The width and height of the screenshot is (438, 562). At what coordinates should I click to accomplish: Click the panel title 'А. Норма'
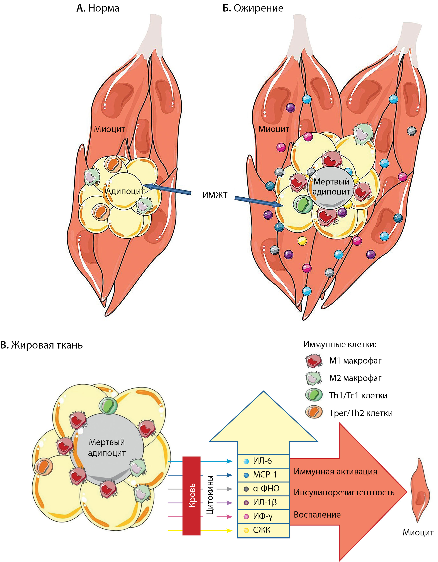(x=98, y=8)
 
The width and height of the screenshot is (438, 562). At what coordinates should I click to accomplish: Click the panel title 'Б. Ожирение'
(x=253, y=8)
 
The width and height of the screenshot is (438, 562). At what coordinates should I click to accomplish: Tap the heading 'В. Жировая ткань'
(x=42, y=345)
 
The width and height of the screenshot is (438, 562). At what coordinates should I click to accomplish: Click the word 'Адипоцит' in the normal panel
(x=125, y=191)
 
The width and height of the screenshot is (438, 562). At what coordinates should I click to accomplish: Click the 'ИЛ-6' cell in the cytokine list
(x=263, y=461)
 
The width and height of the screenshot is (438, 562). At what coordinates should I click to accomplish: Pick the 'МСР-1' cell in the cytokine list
(x=263, y=475)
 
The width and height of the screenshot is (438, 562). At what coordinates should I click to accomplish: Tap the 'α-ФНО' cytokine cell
(x=263, y=489)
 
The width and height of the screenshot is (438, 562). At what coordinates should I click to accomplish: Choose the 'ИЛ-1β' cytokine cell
(x=263, y=503)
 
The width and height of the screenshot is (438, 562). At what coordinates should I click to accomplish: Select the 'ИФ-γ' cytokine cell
(x=263, y=516)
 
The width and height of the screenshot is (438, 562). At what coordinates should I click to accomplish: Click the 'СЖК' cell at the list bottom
(x=263, y=530)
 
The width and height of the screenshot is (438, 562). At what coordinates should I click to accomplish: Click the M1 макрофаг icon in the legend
(x=314, y=361)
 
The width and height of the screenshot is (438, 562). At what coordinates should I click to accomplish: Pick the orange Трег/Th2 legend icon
(x=314, y=413)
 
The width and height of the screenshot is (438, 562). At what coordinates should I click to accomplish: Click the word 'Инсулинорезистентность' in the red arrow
(x=344, y=493)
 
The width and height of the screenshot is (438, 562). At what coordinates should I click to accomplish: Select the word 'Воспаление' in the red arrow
(x=317, y=515)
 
